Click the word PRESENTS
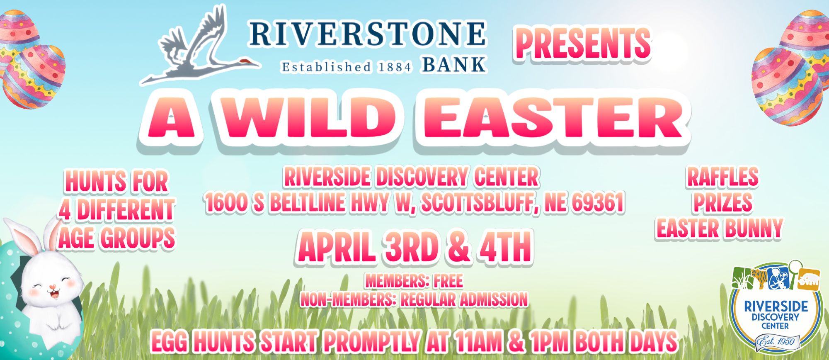583,44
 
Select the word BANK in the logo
453,65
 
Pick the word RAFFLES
723,177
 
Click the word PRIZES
723,203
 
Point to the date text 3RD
411,248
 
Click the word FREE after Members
448,281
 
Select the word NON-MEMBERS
347,299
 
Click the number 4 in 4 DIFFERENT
64,210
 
